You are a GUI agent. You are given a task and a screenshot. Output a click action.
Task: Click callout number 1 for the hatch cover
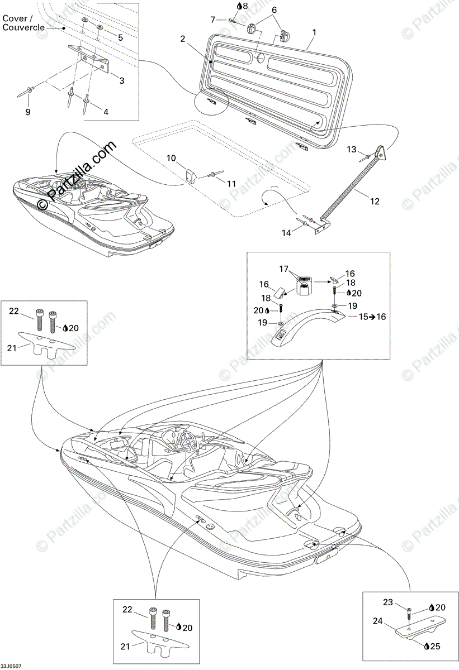[x=314, y=33]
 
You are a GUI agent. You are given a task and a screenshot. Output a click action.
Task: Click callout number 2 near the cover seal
[x=183, y=39]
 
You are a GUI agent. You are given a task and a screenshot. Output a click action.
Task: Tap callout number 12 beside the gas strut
[x=375, y=201]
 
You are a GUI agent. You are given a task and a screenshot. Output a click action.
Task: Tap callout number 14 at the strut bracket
[x=287, y=233]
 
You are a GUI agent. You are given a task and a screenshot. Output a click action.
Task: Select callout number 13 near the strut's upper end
[x=351, y=149]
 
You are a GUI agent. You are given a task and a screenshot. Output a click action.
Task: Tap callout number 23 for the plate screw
[x=388, y=602]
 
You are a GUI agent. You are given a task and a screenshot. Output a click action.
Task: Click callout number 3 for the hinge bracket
[x=122, y=80]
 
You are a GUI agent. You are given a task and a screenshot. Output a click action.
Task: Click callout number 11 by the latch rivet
[x=231, y=183]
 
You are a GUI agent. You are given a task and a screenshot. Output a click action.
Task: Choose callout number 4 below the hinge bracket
[x=106, y=111]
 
